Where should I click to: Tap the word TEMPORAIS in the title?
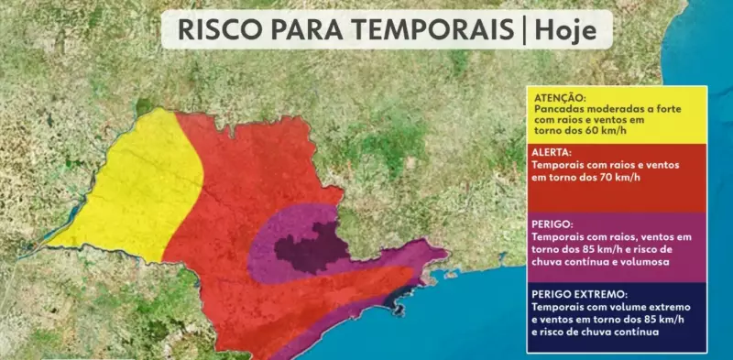tap(430, 30)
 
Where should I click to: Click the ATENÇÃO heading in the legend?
tap(558, 96)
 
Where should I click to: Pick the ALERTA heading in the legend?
tap(552, 152)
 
